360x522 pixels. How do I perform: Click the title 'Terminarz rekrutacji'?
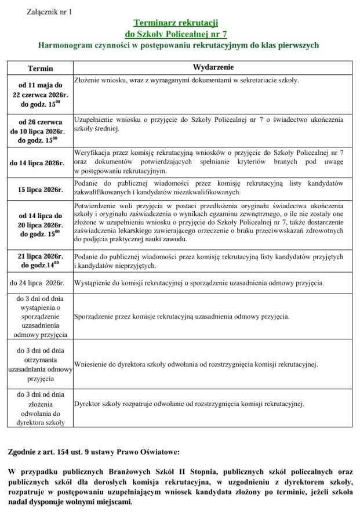pos(175,23)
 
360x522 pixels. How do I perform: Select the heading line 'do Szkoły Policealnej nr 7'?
pos(175,34)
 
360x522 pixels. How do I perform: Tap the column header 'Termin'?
pos(40,68)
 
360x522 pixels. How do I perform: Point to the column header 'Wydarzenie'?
pos(213,67)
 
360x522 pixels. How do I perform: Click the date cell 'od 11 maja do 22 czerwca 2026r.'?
pos(40,94)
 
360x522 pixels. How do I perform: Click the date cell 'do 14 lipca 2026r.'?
pos(40,162)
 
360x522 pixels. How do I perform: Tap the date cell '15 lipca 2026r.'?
pos(40,189)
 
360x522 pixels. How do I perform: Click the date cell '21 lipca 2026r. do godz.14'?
pos(40,260)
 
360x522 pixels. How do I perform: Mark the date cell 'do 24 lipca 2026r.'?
pos(40,283)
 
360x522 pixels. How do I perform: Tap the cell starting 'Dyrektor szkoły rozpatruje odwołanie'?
pos(189,404)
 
